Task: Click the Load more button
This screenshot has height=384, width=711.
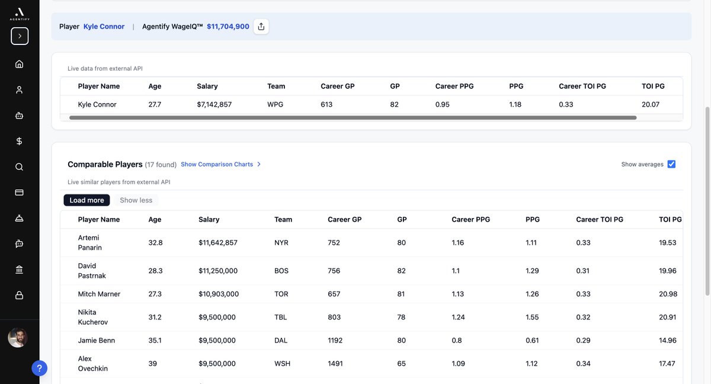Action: [x=87, y=200]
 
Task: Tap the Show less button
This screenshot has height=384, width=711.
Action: [x=136, y=200]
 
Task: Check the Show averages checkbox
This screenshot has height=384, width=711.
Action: [x=671, y=164]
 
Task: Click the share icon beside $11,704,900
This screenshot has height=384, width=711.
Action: [x=261, y=27]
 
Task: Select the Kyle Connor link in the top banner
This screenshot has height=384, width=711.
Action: [x=104, y=27]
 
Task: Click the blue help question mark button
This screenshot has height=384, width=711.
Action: [x=40, y=369]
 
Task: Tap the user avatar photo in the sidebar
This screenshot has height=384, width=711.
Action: [x=18, y=338]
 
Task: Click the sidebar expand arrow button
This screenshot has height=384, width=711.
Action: [x=20, y=36]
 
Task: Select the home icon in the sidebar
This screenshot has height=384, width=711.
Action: [x=20, y=64]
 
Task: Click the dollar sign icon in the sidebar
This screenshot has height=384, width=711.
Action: [x=20, y=141]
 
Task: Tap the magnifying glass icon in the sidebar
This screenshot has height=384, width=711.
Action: [x=20, y=167]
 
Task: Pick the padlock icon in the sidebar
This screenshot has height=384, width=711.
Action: [x=20, y=295]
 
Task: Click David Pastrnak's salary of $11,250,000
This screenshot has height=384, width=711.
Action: [x=218, y=271]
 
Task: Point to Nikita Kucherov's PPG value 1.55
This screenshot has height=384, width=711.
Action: [x=532, y=317]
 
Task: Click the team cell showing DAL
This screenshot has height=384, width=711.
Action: [x=281, y=340]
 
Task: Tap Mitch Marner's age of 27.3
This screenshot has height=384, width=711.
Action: [x=155, y=294]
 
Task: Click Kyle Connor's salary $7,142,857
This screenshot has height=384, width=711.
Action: [x=214, y=104]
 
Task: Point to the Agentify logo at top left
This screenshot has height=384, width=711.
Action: [x=20, y=14]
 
